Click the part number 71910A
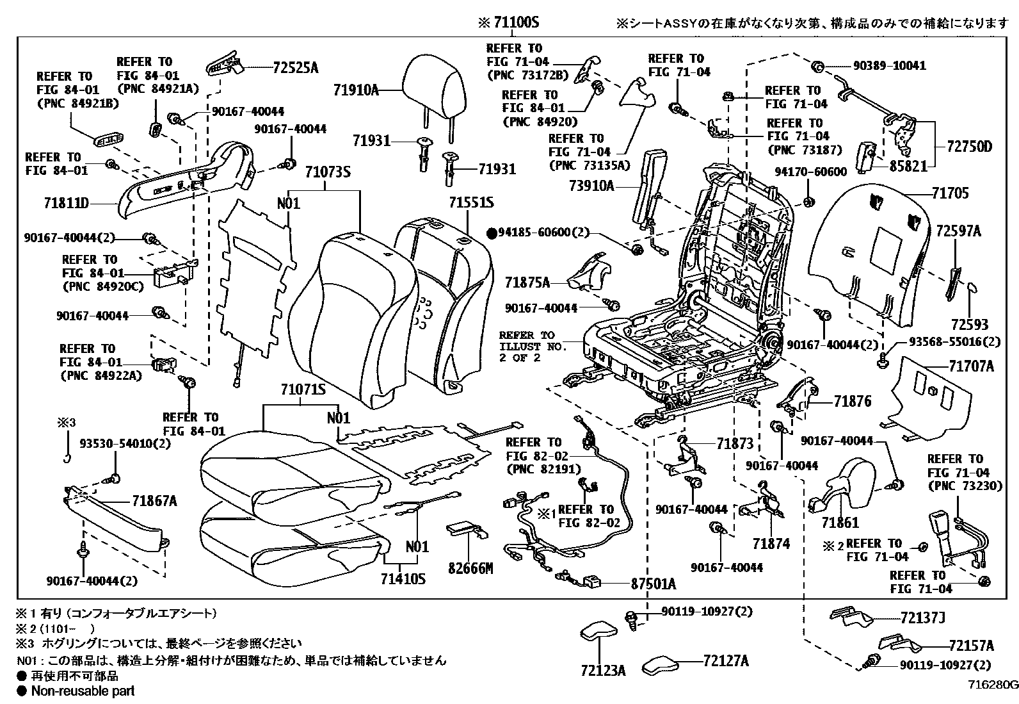(x=355, y=90)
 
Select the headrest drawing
(x=434, y=86)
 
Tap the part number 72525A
(x=295, y=67)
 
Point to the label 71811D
(x=66, y=204)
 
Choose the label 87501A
(x=653, y=584)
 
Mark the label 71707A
(x=971, y=366)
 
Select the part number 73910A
(x=591, y=186)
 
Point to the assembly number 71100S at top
(x=517, y=22)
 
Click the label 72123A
(x=603, y=671)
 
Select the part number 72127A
(x=726, y=660)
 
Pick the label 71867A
(x=154, y=501)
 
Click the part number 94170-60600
(x=810, y=172)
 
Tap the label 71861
(x=840, y=523)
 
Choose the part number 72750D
(x=969, y=147)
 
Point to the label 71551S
(x=471, y=202)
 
